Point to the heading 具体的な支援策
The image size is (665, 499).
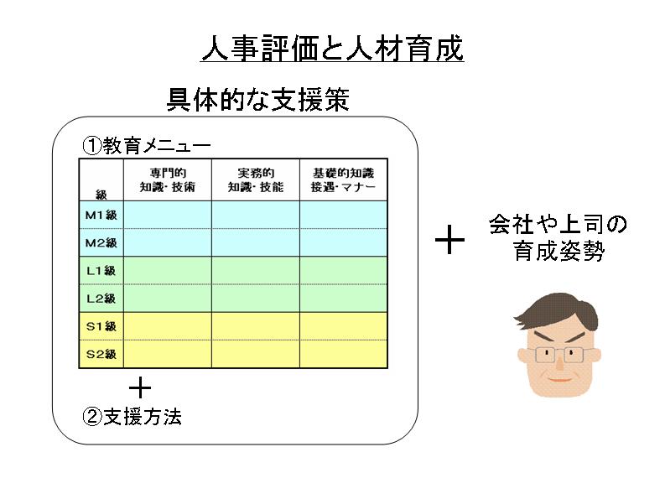tap(258, 100)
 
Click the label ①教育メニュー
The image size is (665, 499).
tap(145, 144)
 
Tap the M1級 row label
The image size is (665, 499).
tap(101, 215)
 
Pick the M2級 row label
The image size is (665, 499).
tap(101, 242)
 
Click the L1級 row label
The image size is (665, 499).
tap(101, 270)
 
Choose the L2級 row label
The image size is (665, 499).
tap(101, 298)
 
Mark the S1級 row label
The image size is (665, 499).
tap(101, 325)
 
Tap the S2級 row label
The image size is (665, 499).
tap(101, 353)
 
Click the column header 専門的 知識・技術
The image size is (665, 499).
tap(167, 179)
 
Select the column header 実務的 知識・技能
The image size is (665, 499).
tap(255, 179)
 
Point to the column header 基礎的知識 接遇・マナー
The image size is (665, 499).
tap(343, 179)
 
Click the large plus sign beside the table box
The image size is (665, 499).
tap(450, 242)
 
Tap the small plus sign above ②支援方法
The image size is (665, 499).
tap(140, 387)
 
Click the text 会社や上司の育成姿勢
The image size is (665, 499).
tap(558, 238)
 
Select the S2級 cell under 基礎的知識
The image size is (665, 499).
tap(343, 353)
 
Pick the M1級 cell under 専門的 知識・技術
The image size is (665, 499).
tap(167, 215)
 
